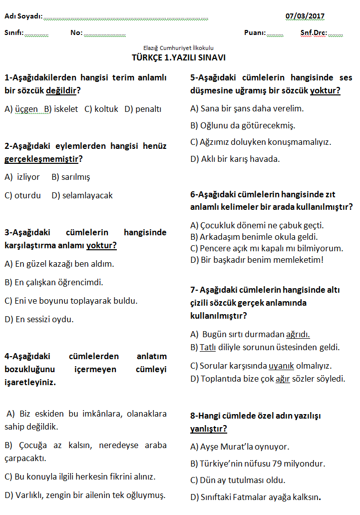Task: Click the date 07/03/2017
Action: pyautogui.click(x=305, y=16)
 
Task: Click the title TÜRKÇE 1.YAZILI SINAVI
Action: pyautogui.click(x=179, y=57)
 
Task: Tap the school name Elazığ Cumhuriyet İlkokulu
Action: pyautogui.click(x=178, y=48)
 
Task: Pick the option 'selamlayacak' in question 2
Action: pyautogui.click(x=87, y=195)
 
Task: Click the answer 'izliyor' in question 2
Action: pyautogui.click(x=28, y=177)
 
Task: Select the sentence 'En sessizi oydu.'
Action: pyautogui.click(x=44, y=319)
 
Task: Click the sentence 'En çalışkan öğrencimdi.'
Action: pyautogui.click(x=59, y=282)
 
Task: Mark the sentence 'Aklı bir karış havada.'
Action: pyautogui.click(x=240, y=159)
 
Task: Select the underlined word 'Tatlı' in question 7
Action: pyautogui.click(x=208, y=347)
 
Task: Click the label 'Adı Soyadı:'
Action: pyautogui.click(x=23, y=16)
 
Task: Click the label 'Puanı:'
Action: pyautogui.click(x=255, y=33)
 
